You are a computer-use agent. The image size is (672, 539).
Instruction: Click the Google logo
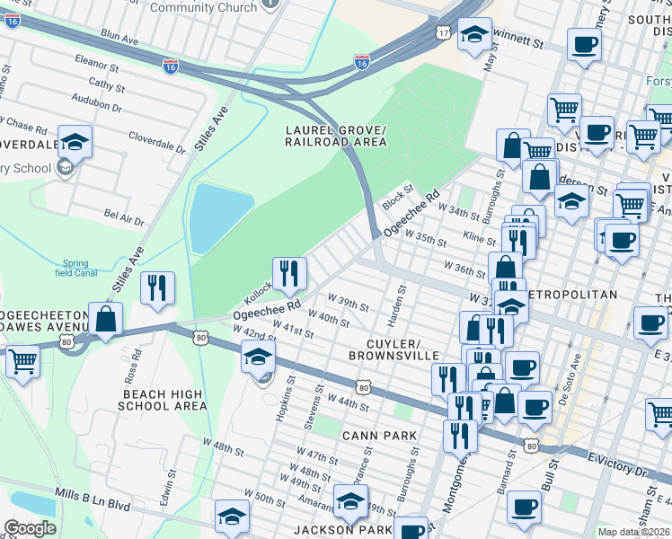pyautogui.click(x=30, y=528)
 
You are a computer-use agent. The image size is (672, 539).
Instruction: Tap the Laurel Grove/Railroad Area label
pyautogui.click(x=335, y=135)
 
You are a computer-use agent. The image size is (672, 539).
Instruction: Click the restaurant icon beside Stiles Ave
pyautogui.click(x=157, y=287)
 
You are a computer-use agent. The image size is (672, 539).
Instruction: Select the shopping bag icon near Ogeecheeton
pyautogui.click(x=106, y=320)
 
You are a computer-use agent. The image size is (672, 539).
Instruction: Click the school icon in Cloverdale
pyautogui.click(x=76, y=142)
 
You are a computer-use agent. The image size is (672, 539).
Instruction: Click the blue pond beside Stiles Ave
pyautogui.click(x=210, y=216)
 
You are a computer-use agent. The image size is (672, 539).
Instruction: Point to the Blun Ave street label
pyautogui.click(x=119, y=40)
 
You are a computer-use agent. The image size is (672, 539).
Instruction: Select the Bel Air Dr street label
pyautogui.click(x=124, y=217)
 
